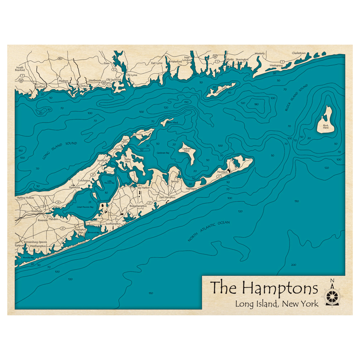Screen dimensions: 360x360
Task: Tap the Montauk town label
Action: pyautogui.click(x=222, y=172)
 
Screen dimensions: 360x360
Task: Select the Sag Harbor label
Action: pyautogui.click(x=143, y=188)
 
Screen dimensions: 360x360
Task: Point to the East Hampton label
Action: pyautogui.click(x=167, y=197)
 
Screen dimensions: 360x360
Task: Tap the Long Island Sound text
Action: pyautogui.click(x=59, y=150)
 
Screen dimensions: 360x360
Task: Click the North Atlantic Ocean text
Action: pyautogui.click(x=209, y=231)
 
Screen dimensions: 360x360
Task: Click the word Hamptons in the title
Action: pyautogui.click(x=280, y=288)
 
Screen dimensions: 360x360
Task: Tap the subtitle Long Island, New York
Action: pyautogui.click(x=276, y=304)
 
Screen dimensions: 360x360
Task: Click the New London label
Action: pyautogui.click(x=186, y=59)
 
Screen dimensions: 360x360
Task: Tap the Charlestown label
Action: pyautogui.click(x=299, y=53)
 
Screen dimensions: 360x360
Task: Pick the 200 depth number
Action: pyautogui.click(x=293, y=265)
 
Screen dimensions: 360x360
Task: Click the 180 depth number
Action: pyautogui.click(x=256, y=104)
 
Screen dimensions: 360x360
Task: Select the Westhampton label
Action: pyautogui.click(x=38, y=246)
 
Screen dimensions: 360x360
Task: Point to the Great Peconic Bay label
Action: pyautogui.click(x=85, y=207)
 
